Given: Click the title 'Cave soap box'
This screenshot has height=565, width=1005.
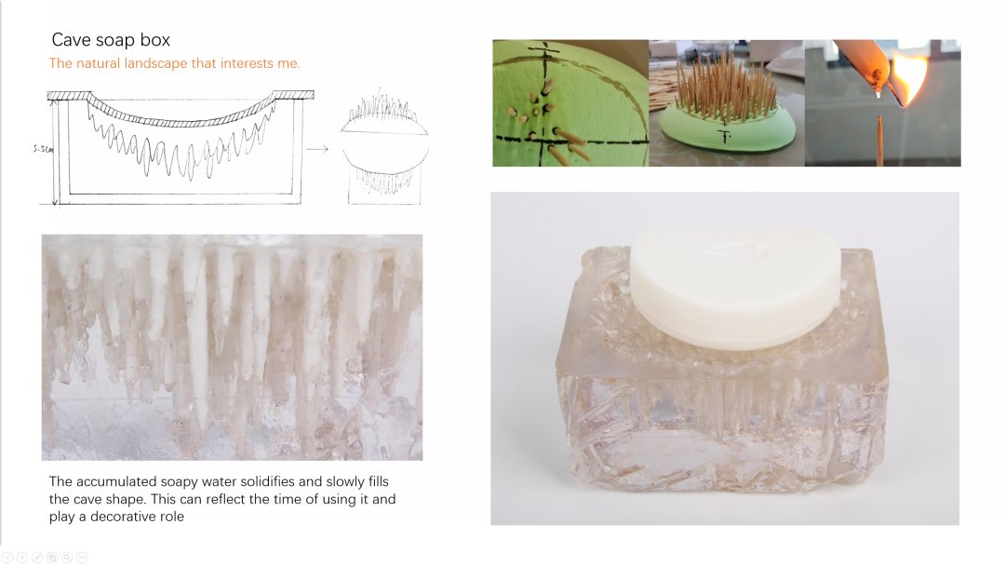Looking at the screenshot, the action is pyautogui.click(x=111, y=40).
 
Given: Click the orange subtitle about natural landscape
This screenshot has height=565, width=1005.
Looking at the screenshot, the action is pyautogui.click(x=174, y=63).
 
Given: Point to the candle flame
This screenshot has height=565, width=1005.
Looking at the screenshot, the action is pyautogui.click(x=911, y=77).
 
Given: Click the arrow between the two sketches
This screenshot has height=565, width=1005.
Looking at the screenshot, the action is pyautogui.click(x=317, y=149).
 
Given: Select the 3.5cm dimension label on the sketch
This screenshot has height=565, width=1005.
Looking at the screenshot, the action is pyautogui.click(x=43, y=149).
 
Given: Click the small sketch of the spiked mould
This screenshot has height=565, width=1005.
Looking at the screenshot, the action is pyautogui.click(x=384, y=146).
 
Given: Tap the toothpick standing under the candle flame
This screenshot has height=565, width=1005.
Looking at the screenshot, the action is pyautogui.click(x=880, y=141).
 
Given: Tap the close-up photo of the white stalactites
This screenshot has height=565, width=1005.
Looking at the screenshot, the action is pyautogui.click(x=232, y=347).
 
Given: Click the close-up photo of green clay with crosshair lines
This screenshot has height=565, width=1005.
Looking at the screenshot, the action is pyautogui.click(x=570, y=103).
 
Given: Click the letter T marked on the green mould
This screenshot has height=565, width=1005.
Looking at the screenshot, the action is pyautogui.click(x=725, y=135).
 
